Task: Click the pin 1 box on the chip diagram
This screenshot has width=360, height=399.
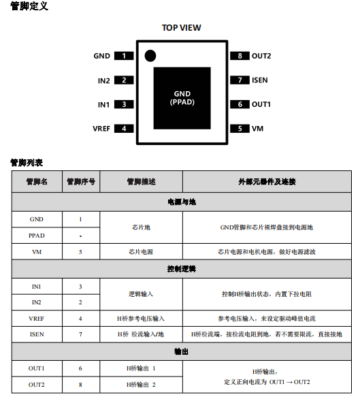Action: pyautogui.click(x=124, y=56)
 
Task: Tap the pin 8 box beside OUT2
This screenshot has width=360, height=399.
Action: pyautogui.click(x=240, y=56)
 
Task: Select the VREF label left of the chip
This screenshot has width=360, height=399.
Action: pyautogui.click(x=101, y=129)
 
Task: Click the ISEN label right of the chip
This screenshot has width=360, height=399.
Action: pyautogui.click(x=260, y=80)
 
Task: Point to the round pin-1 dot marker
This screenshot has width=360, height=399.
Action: pyautogui.click(x=150, y=56)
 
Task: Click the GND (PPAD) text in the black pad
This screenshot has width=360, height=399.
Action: pyautogui.click(x=182, y=98)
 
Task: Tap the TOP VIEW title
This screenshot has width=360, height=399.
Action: pyautogui.click(x=182, y=27)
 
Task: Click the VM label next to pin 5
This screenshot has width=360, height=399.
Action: pyautogui.click(x=257, y=129)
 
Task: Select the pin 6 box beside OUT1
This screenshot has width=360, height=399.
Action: pyautogui.click(x=240, y=104)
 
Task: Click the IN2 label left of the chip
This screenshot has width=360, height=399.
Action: pyautogui.click(x=104, y=80)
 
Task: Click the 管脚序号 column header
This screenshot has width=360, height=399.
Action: pyautogui.click(x=81, y=182)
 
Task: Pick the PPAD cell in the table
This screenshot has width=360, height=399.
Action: pyautogui.click(x=37, y=236)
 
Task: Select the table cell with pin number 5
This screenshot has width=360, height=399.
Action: pyautogui.click(x=81, y=252)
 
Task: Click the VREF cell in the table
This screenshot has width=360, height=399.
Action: pyautogui.click(x=37, y=319)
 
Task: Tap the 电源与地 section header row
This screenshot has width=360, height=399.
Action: pyautogui.click(x=182, y=202)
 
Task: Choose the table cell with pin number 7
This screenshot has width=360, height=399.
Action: pyautogui.click(x=81, y=334)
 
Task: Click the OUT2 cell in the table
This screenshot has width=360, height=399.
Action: pyautogui.click(x=37, y=385)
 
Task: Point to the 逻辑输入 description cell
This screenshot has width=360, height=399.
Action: pyautogui.click(x=141, y=294)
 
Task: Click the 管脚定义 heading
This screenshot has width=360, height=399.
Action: pyautogui.click(x=29, y=6)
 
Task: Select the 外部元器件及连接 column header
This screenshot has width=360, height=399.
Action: pyautogui.click(x=267, y=182)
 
